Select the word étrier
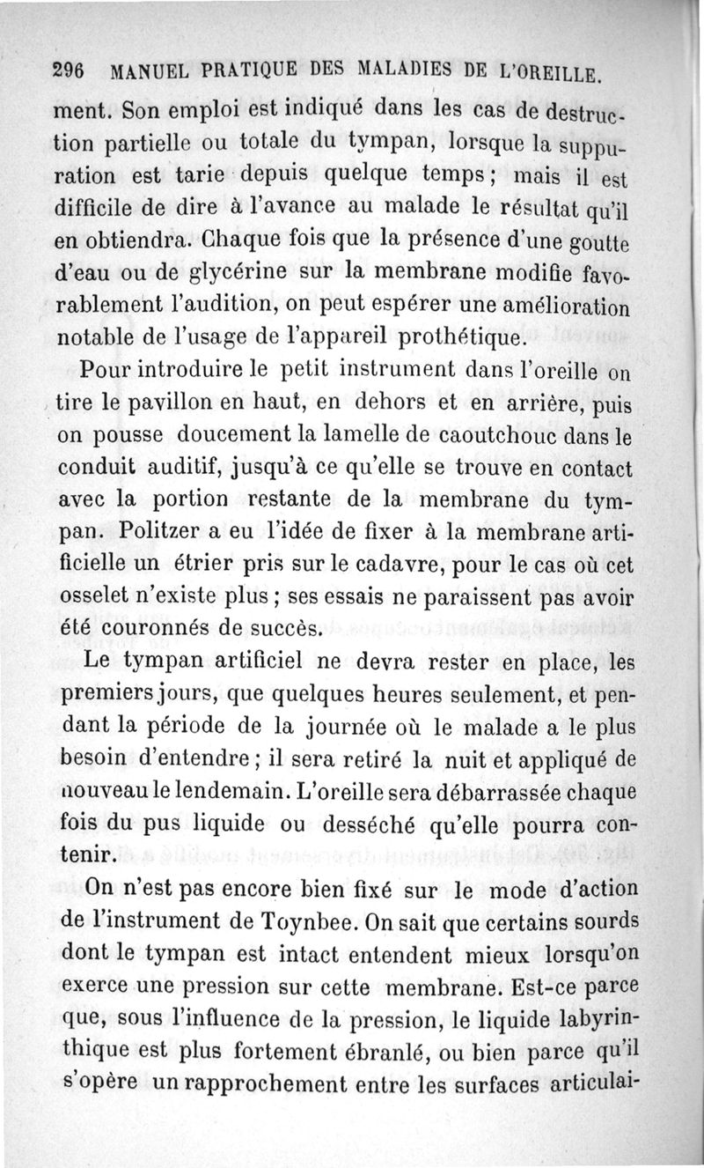point(201,567)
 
